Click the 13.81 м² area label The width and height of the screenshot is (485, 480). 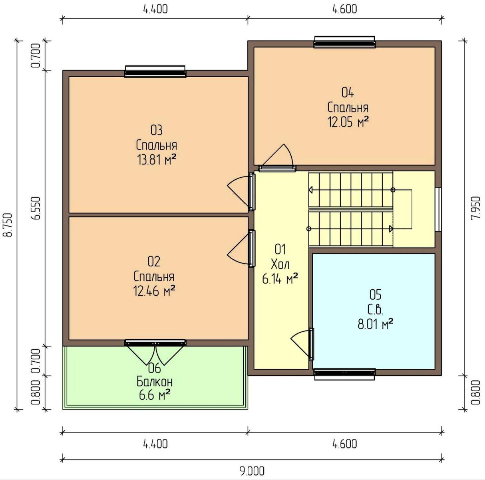click(156, 160)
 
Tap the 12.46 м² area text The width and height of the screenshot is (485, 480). click(154, 291)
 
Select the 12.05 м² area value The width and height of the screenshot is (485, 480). click(348, 122)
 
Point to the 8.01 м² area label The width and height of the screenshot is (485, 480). click(376, 324)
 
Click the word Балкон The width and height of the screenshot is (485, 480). click(155, 382)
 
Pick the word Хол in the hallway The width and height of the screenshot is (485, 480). click(280, 264)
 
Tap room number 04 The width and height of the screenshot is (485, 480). click(348, 93)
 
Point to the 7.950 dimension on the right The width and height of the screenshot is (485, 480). click(476, 208)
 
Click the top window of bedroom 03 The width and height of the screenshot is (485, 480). click(155, 72)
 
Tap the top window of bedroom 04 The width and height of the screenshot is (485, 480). click(344, 42)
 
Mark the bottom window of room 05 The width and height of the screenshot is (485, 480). click(345, 374)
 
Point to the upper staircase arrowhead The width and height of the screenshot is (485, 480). click(311, 190)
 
